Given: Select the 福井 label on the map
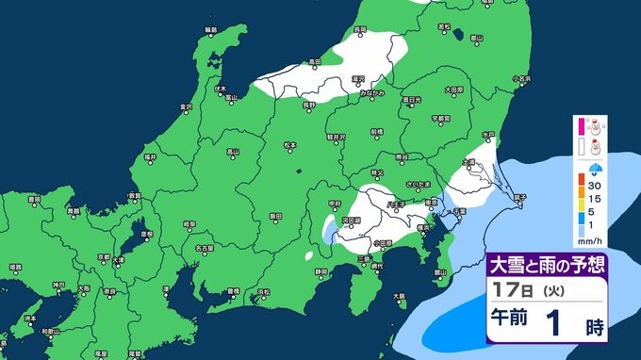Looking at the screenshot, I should point(150,156).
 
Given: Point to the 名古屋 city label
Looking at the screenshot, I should point(202,248).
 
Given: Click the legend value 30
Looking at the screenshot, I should point(596,187).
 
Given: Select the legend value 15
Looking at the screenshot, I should point(596,200).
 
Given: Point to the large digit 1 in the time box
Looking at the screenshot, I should point(552,320).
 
